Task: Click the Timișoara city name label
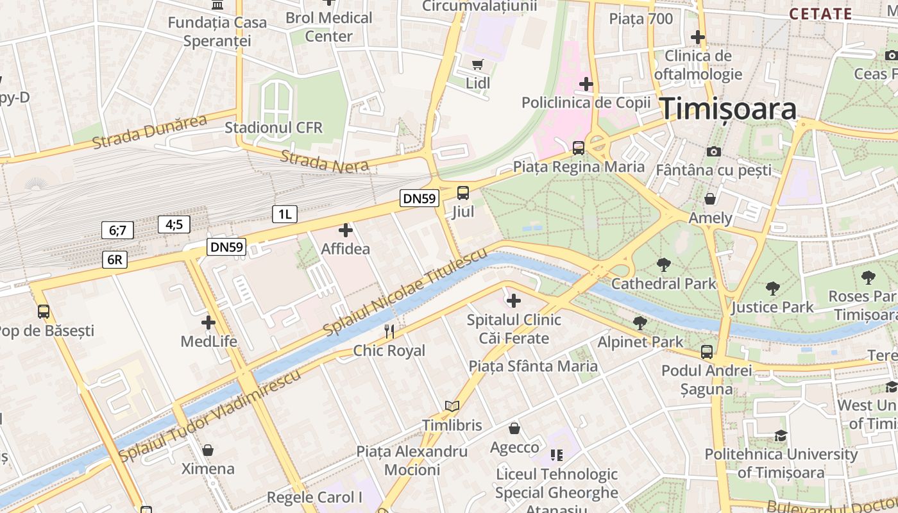pyautogui.click(x=729, y=109)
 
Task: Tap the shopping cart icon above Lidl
pyautogui.click(x=477, y=64)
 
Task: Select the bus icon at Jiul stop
pyautogui.click(x=462, y=192)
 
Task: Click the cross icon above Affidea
pyautogui.click(x=346, y=230)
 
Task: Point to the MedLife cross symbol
pyautogui.click(x=208, y=323)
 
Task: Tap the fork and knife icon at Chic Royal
pyautogui.click(x=389, y=331)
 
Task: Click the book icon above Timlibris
pyautogui.click(x=452, y=406)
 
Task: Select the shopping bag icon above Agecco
pyautogui.click(x=514, y=428)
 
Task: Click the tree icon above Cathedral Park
pyautogui.click(x=663, y=264)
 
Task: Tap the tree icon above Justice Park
pyautogui.click(x=772, y=288)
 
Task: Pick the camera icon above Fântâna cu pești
pyautogui.click(x=713, y=151)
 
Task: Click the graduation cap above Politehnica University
pyautogui.click(x=781, y=435)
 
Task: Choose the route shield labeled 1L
pyautogui.click(x=284, y=214)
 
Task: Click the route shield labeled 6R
pyautogui.click(x=114, y=259)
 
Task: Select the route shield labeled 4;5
pyautogui.click(x=174, y=224)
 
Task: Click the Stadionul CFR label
pyautogui.click(x=273, y=128)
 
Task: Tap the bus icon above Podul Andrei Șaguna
pyautogui.click(x=706, y=351)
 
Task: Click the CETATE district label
pyautogui.click(x=820, y=13)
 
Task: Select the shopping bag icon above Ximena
pyautogui.click(x=207, y=450)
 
